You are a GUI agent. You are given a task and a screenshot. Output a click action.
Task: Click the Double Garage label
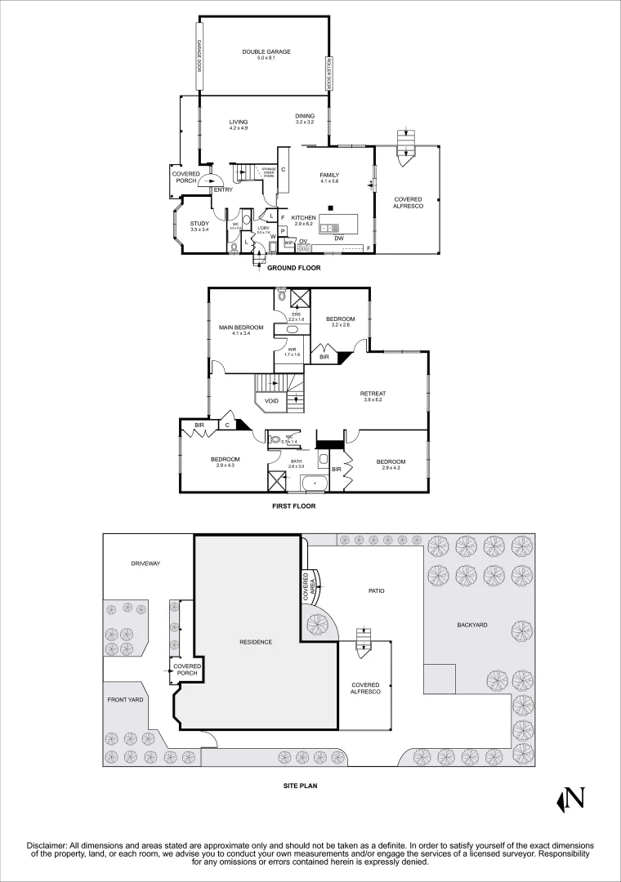266,52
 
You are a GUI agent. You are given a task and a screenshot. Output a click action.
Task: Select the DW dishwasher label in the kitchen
338,238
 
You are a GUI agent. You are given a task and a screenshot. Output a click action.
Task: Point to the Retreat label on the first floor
373,396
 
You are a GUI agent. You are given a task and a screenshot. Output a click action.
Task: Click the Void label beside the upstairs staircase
271,401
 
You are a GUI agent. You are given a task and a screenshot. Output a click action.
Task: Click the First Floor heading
293,506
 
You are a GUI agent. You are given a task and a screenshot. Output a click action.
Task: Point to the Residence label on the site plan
256,641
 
